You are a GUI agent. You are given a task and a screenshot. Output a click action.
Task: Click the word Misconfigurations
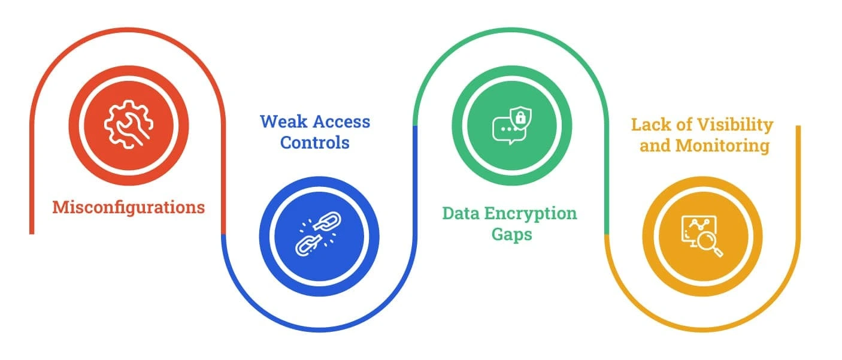tap(128, 207)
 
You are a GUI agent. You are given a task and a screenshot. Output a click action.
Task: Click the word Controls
tap(315, 143)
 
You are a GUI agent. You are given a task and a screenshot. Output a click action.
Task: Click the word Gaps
tap(511, 234)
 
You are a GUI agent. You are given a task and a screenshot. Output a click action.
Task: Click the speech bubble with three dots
tap(505, 130)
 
